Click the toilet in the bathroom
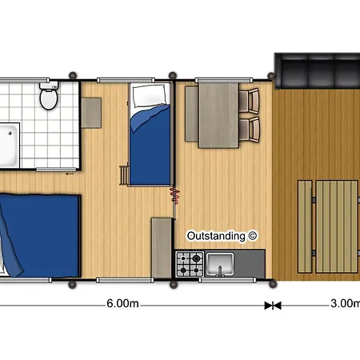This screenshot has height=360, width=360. point(49,95)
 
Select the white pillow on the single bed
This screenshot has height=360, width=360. point(150,95)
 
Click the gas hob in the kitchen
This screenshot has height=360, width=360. point(190,264)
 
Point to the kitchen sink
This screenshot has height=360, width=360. point(220,264)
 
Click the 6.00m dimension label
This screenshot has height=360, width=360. point(122,303)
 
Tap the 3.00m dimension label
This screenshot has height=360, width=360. point(345,303)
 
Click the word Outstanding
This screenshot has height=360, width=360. point(216,236)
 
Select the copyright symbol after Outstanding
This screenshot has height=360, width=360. point(252,236)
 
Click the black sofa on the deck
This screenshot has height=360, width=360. point(317,71)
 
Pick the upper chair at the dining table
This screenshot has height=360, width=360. point(249,101)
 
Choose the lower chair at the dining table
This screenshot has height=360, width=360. point(249,129)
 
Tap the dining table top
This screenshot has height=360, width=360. point(218,115)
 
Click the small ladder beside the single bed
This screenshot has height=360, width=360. point(124,175)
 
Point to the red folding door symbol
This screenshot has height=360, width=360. point(174,195)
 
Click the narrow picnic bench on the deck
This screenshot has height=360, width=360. point(305,226)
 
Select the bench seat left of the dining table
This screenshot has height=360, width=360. point(192,114)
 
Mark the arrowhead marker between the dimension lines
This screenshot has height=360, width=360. point(273,306)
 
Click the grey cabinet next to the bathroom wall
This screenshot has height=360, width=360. point(91,113)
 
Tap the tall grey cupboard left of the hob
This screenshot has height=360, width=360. point(162,248)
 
